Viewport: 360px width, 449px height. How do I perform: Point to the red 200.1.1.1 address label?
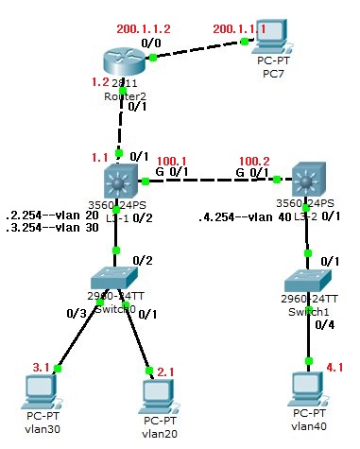click(x=234, y=30)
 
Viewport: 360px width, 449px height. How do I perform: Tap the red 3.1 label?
click(x=42, y=365)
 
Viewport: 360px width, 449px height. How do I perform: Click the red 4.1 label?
click(x=335, y=365)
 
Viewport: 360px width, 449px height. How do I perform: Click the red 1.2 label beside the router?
click(x=99, y=82)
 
